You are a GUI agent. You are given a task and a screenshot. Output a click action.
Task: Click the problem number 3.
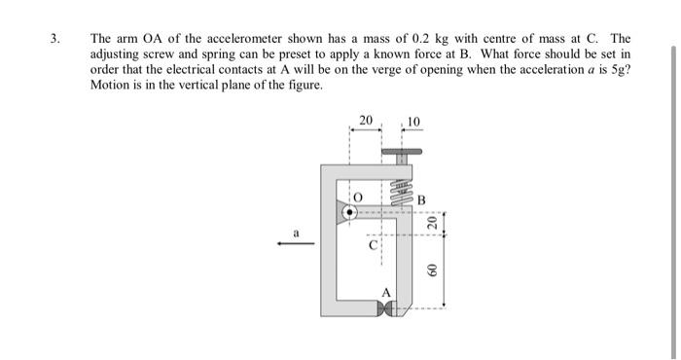[x=55, y=40]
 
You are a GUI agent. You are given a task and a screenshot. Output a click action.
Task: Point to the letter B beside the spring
[x=421, y=200]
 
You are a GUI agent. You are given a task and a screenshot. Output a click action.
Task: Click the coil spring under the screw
[x=399, y=186]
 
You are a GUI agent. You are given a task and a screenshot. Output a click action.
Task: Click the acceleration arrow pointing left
[x=295, y=244]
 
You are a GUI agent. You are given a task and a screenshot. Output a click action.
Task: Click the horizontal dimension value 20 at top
[x=365, y=120]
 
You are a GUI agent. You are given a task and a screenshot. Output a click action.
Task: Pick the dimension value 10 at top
[x=413, y=122]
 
